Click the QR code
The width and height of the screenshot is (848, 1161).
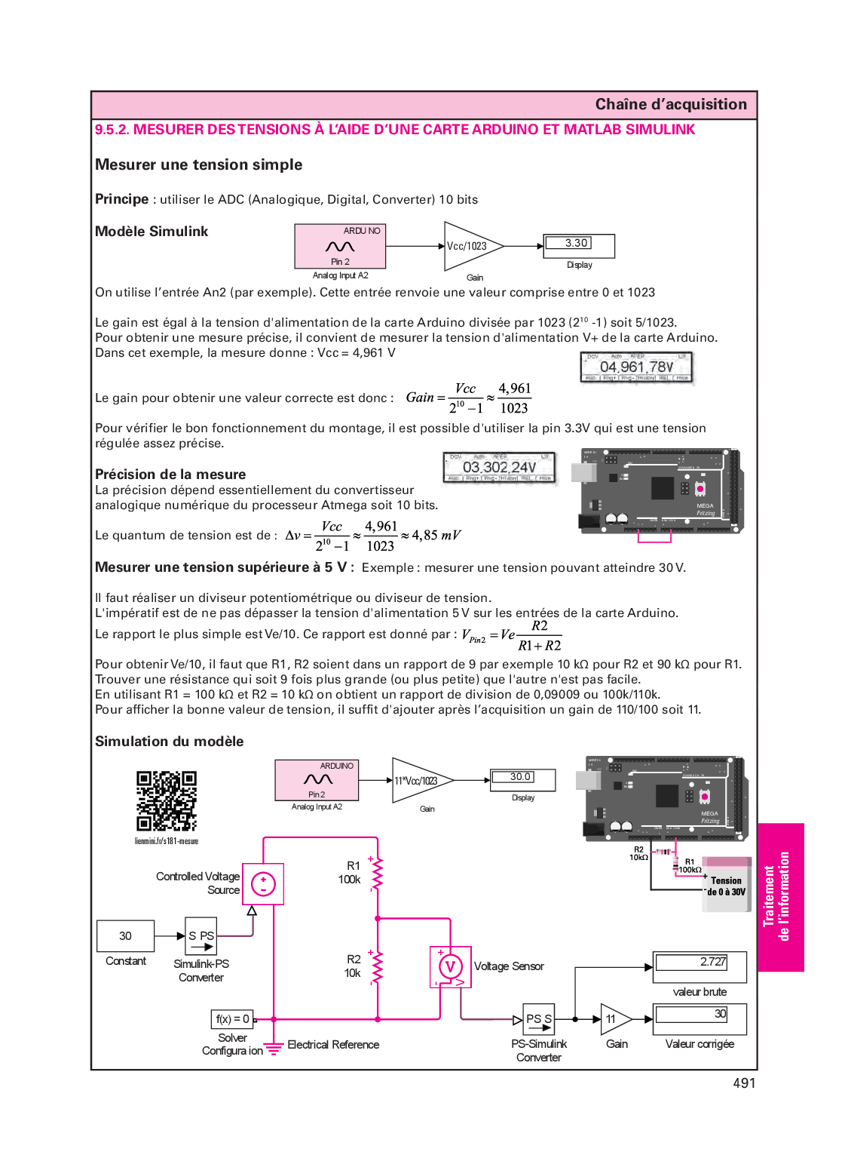pos(166,800)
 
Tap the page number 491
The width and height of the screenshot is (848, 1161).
pos(743,1083)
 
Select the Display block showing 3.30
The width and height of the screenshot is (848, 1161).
pos(578,244)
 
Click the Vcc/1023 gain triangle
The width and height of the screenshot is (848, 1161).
pos(469,246)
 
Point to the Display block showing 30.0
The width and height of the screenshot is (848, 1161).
pos(522,779)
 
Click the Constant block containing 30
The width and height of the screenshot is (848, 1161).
pos(126,936)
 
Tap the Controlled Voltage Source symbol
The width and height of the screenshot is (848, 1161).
pos(263,884)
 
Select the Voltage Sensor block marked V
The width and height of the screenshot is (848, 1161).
pos(450,966)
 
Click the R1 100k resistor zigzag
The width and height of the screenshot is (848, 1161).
pos(378,874)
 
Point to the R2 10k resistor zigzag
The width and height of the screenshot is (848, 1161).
pos(378,966)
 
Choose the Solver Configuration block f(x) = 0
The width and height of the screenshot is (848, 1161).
pos(232,1019)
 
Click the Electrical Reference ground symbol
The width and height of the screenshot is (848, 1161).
pos(274,1047)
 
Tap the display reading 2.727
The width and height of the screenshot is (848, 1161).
pos(700,965)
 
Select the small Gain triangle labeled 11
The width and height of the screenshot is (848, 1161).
pos(614,1019)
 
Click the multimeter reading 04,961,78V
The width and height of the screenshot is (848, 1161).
pos(636,367)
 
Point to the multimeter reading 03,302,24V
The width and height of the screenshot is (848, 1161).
pos(499,468)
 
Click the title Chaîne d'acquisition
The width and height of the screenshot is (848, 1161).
pos(671,105)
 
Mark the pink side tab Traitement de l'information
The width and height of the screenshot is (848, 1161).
pos(780,897)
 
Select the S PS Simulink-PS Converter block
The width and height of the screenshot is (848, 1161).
pos(201,936)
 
